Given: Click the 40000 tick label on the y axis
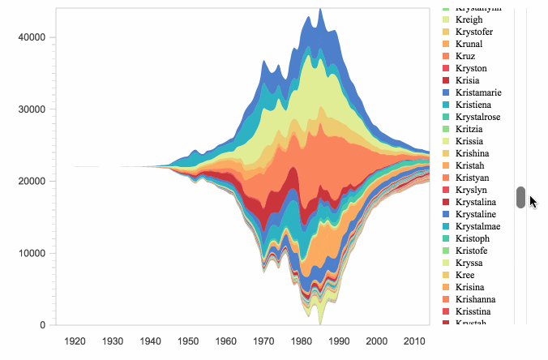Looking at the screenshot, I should point(33,37).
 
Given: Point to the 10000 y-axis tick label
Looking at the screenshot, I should point(33,253).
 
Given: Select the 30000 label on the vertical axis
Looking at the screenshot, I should point(33,109).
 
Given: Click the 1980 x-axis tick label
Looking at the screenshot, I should point(302,341).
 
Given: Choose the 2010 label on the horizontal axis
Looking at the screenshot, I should point(417,341).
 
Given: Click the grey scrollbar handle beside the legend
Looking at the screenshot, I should point(520,196).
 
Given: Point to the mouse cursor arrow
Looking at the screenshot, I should point(532,200).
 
